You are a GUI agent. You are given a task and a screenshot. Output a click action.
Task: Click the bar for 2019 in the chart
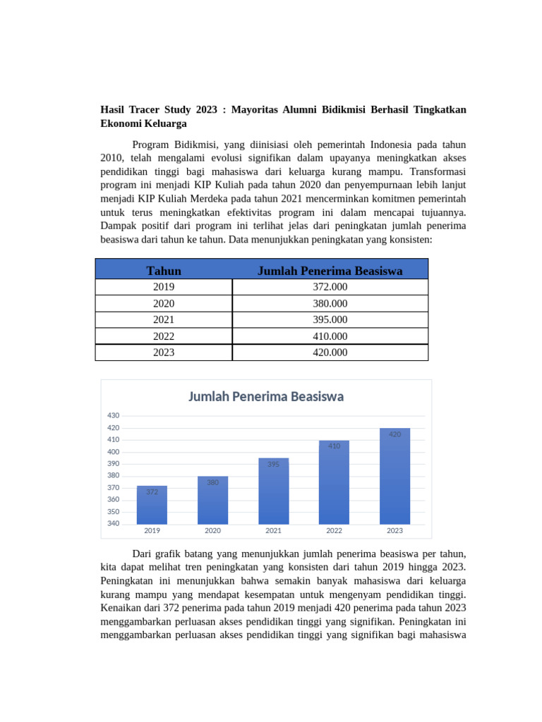tap(152, 505)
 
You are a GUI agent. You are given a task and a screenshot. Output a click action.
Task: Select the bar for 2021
tap(273, 491)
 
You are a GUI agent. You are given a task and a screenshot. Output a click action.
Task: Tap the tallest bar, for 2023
tap(395, 476)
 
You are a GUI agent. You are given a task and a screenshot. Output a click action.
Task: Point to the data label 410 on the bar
tap(334, 446)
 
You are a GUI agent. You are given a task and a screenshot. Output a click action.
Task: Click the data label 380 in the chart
tap(212, 482)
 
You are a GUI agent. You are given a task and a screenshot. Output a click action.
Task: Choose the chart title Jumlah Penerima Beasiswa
tap(266, 396)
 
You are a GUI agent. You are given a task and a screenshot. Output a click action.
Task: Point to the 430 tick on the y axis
tap(114, 415)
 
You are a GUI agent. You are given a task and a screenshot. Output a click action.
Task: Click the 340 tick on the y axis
tap(114, 524)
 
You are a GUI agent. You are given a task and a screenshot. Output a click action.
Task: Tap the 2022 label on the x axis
tap(334, 531)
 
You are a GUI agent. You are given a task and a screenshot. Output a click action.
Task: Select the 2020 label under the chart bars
tap(212, 531)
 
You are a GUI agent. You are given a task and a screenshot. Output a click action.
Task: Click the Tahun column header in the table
tap(164, 271)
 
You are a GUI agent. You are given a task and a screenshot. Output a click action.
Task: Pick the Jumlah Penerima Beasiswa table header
tap(330, 271)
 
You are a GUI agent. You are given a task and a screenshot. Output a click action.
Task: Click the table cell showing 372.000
tap(330, 287)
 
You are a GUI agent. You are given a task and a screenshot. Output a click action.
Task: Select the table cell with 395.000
tap(330, 320)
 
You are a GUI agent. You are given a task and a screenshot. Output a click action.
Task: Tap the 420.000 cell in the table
tap(330, 353)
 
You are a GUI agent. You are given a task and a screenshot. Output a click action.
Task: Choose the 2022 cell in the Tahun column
tap(164, 336)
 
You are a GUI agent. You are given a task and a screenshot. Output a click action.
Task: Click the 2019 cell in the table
tap(164, 287)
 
